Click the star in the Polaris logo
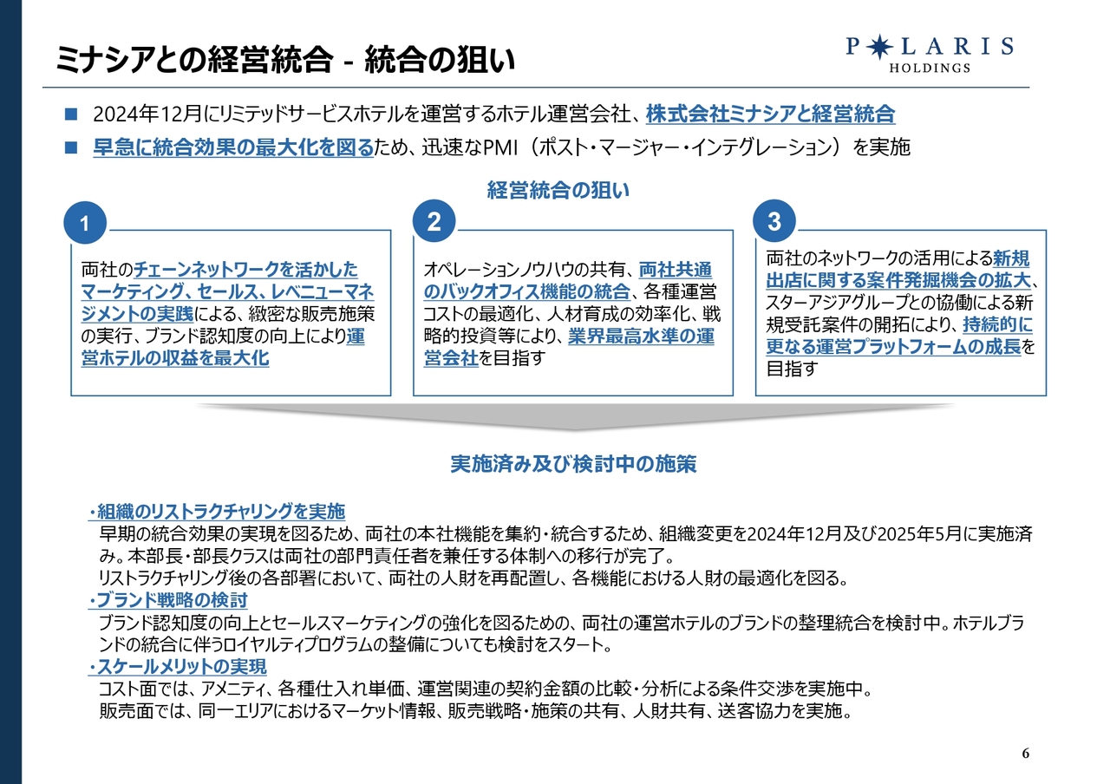[x=879, y=47]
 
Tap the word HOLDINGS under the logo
[x=930, y=68]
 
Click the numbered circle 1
[x=85, y=223]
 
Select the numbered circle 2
[x=434, y=221]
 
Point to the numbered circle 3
[x=774, y=221]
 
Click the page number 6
[x=1026, y=754]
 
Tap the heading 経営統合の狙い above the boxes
[x=558, y=190]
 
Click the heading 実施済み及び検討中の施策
[x=573, y=464]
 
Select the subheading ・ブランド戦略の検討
[x=167, y=600]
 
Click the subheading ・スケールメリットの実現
[x=178, y=667]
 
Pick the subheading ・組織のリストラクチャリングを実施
[x=217, y=511]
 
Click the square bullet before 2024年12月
[x=71, y=114]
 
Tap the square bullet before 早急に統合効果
[x=71, y=147]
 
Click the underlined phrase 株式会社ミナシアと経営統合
[x=771, y=114]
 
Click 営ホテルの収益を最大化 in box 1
[x=175, y=358]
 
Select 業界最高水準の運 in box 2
[x=641, y=336]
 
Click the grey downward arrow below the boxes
[x=575, y=415]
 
